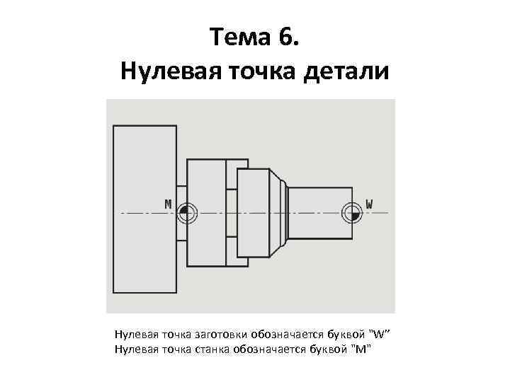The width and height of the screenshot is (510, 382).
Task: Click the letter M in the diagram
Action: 168,204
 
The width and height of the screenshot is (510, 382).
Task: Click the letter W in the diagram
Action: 369,204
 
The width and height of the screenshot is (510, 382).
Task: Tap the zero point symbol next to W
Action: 351,212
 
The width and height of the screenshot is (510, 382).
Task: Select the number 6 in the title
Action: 290,37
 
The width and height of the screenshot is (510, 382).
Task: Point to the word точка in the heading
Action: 260,71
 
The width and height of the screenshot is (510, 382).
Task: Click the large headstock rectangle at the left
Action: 143,209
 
